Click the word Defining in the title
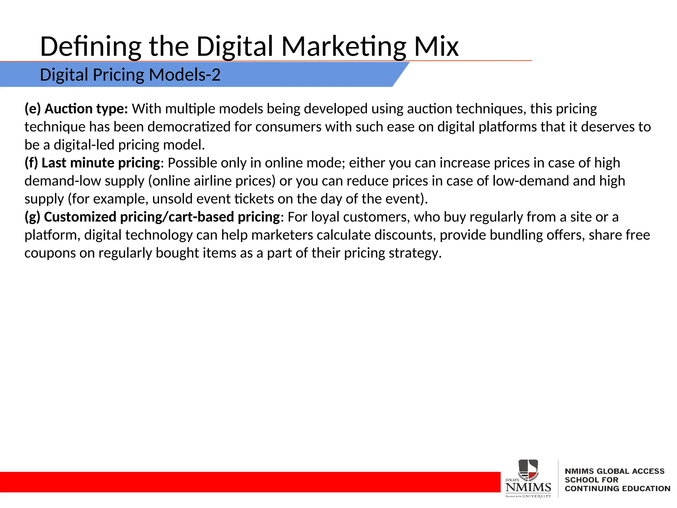click(91, 47)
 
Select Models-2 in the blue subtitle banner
click(184, 75)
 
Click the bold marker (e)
click(33, 109)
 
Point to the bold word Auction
click(68, 109)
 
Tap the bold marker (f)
click(31, 163)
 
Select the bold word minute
click(92, 163)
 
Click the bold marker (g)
click(32, 217)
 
